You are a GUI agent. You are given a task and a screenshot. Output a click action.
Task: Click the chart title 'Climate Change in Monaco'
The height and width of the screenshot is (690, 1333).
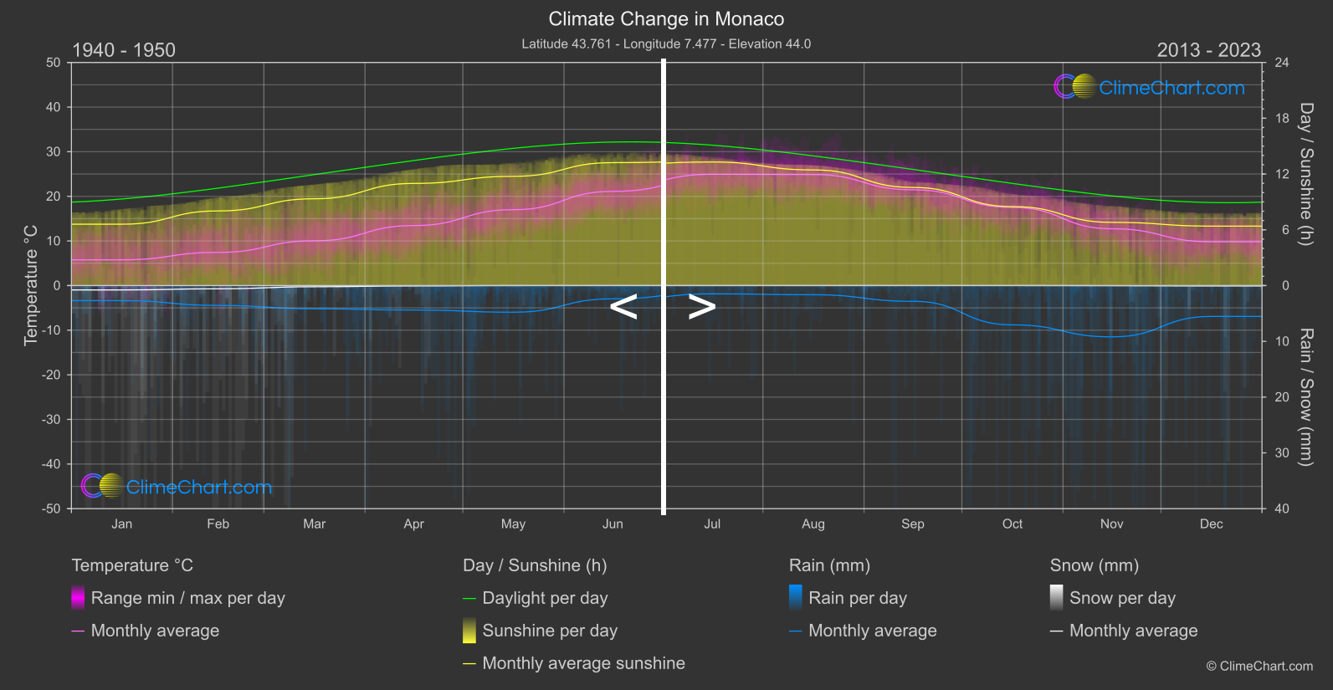666,19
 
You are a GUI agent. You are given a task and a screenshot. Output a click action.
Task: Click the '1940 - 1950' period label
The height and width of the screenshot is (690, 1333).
124,50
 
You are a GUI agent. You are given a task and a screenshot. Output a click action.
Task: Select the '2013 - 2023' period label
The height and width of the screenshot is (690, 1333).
1208,50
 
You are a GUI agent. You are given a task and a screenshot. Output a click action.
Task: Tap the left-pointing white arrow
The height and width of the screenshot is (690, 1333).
623,307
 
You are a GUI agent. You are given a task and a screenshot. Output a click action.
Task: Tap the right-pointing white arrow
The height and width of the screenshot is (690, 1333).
701,307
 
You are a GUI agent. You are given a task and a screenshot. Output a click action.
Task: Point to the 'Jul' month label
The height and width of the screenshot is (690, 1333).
712,524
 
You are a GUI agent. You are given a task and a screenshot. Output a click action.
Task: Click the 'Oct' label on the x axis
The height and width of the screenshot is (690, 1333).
1012,524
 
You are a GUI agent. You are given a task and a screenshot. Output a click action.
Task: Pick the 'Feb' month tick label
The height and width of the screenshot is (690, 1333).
218,524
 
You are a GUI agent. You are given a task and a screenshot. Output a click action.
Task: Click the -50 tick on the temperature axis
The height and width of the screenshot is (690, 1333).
52,509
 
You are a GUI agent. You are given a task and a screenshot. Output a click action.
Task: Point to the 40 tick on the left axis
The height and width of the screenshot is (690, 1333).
54,107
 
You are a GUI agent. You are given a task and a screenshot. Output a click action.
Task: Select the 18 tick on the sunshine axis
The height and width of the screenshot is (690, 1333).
1281,119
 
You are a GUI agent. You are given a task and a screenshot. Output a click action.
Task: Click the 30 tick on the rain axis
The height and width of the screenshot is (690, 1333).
1281,453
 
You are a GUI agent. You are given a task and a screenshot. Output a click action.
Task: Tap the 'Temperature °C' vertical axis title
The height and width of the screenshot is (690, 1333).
31,284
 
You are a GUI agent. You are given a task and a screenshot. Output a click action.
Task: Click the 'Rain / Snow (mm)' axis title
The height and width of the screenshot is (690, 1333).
1305,396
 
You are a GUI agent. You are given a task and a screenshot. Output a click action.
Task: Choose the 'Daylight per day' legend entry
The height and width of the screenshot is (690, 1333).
545,598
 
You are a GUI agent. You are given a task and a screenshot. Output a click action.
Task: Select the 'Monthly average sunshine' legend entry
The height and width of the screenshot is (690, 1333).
583,663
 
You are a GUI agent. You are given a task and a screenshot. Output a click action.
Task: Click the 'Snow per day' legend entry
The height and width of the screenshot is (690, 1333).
1122,598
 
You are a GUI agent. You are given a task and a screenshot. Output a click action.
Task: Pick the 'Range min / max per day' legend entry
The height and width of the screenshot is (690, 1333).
187,598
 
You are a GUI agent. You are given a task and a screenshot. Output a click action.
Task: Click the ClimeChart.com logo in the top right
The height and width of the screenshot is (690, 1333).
1150,87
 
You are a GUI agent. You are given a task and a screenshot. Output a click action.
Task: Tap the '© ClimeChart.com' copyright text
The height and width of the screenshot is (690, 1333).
1259,667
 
